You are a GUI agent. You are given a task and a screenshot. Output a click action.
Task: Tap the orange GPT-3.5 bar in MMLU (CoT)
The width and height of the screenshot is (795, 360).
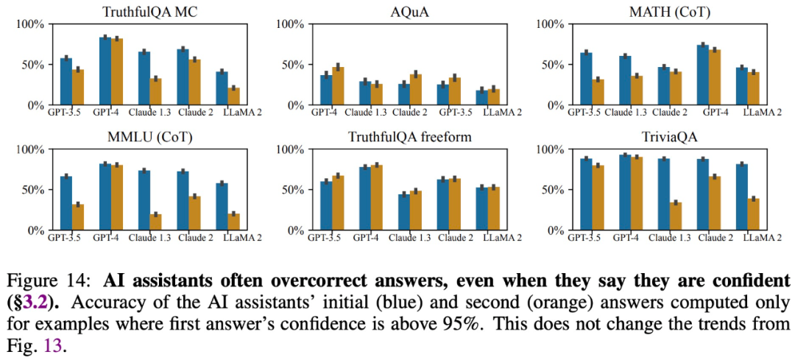[77, 217]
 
